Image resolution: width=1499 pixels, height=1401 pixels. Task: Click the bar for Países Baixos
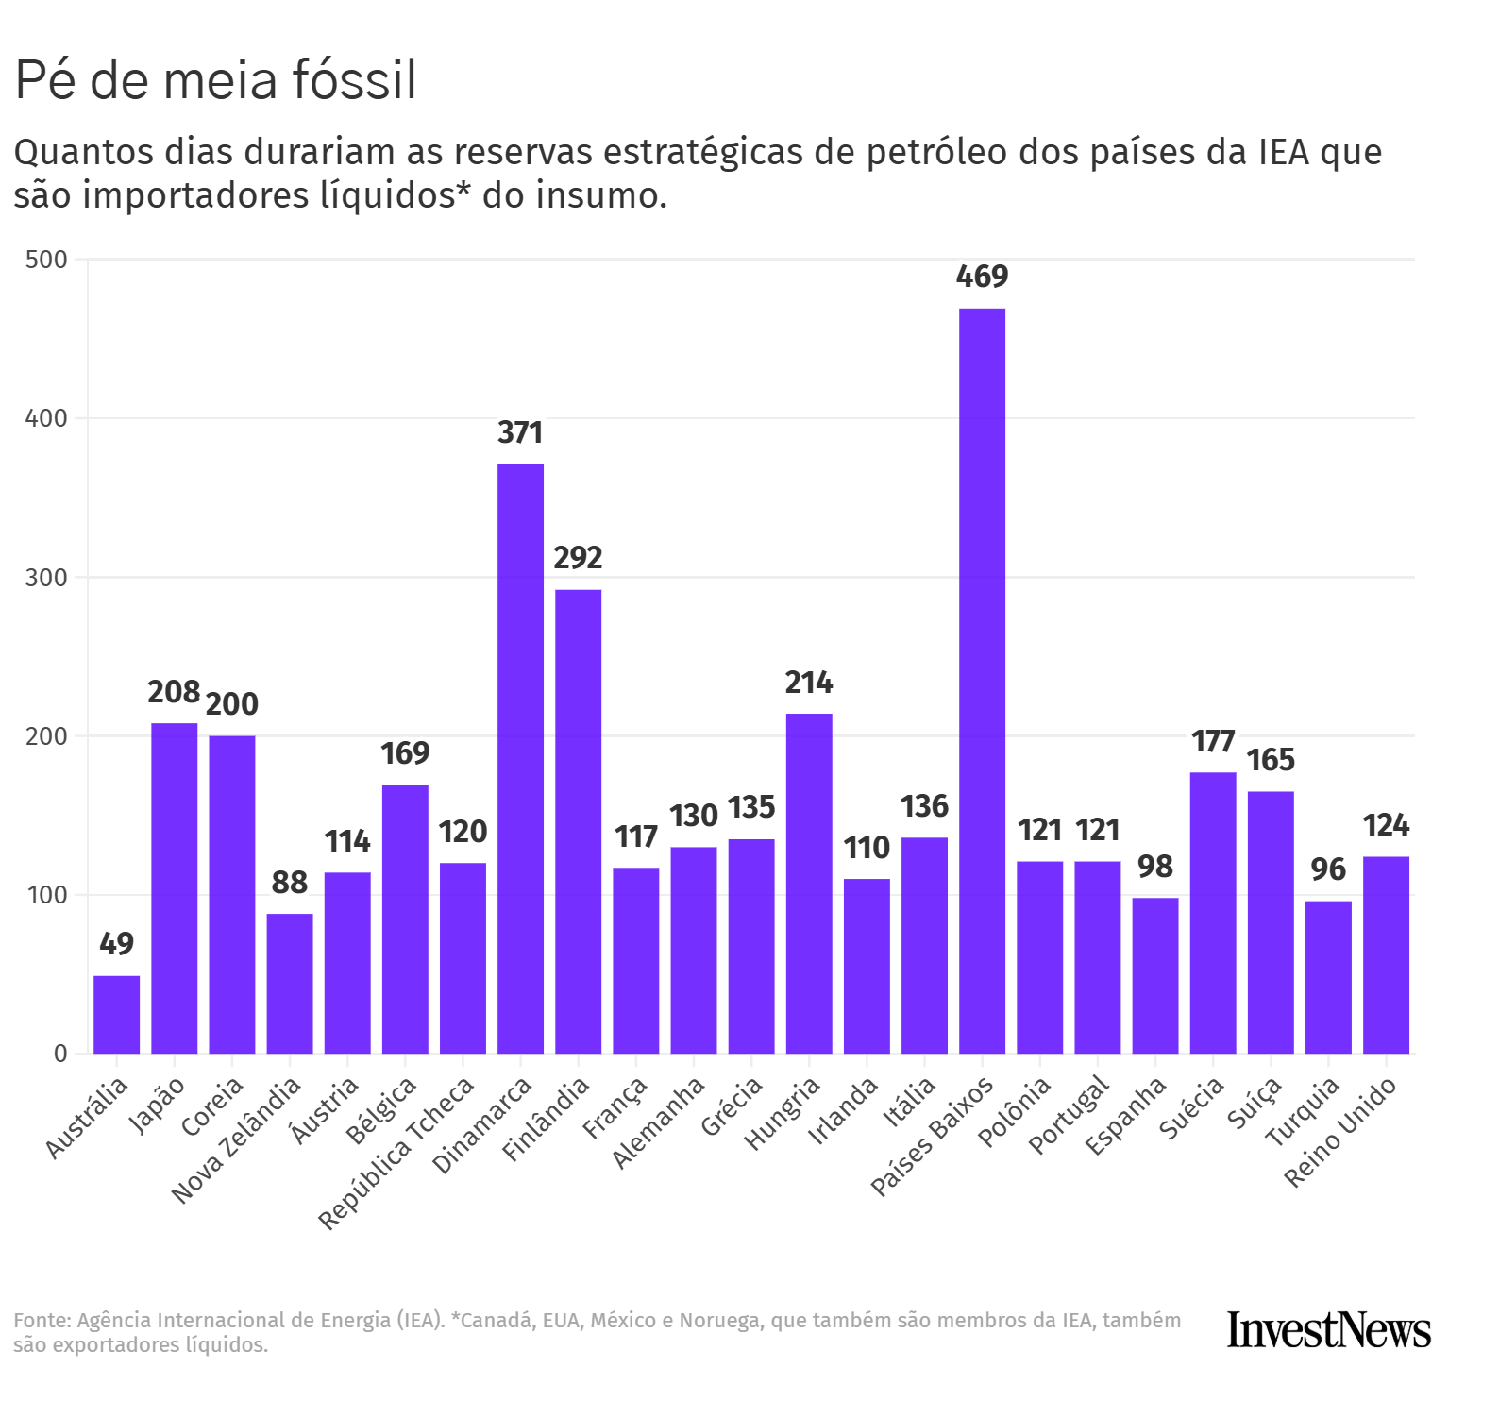point(982,680)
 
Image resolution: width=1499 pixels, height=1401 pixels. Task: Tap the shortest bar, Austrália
point(116,1014)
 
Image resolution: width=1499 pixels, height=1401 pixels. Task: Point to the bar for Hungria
point(809,883)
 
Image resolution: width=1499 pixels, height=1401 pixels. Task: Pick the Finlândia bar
point(578,821)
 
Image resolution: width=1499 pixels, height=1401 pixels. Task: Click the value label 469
point(982,277)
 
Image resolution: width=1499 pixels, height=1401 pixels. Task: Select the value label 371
point(520,432)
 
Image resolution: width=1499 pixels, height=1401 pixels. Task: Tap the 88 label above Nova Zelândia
point(289,883)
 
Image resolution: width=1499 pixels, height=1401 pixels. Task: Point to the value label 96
point(1328,869)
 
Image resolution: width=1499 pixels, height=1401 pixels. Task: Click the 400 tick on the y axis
point(46,418)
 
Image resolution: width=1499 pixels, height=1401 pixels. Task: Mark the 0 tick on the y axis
point(60,1054)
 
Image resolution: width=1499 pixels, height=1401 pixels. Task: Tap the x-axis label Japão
point(158,1104)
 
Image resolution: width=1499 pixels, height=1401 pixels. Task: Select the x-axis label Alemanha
point(659,1122)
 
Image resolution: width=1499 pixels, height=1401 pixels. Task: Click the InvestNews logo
point(1328,1330)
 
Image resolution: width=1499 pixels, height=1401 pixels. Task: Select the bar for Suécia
point(1212,912)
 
